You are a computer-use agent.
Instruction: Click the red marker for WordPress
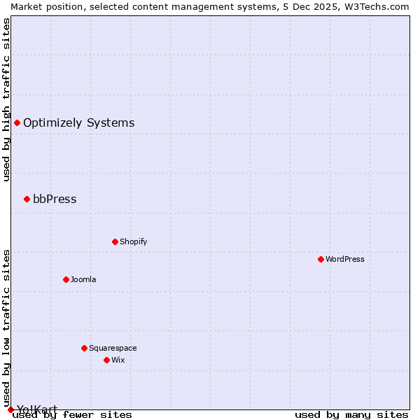(x=321, y=259)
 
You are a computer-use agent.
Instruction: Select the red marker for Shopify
(x=115, y=241)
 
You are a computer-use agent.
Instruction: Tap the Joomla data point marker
(x=66, y=279)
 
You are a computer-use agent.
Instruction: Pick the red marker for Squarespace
(x=84, y=348)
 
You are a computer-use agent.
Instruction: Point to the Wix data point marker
(x=106, y=360)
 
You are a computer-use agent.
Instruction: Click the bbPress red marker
(x=27, y=199)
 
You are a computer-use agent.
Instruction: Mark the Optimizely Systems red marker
(x=17, y=123)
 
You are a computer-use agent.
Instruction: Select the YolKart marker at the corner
(x=10, y=409)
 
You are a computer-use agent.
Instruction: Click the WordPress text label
(x=345, y=259)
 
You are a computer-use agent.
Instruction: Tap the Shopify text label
(x=134, y=241)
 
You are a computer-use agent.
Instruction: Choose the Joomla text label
(x=83, y=279)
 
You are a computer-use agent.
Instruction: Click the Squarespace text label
(x=113, y=348)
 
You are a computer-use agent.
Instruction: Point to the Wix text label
(x=118, y=360)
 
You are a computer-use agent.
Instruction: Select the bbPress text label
(x=55, y=199)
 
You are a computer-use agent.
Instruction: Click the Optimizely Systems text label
(x=79, y=123)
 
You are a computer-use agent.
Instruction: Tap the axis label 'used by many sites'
(x=351, y=414)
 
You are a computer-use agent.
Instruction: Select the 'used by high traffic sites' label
(x=6, y=99)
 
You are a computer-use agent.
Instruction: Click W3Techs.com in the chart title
(x=375, y=6)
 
